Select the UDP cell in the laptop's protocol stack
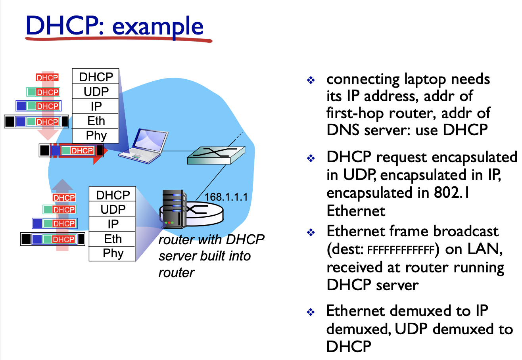[x=96, y=92]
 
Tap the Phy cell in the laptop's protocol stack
[x=96, y=136]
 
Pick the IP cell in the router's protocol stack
[x=113, y=224]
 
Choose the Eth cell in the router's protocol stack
[x=113, y=239]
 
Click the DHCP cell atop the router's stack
[x=113, y=195]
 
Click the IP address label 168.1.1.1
[x=226, y=197]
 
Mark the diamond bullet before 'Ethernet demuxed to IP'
[x=311, y=312]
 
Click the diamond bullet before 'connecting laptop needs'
[x=311, y=80]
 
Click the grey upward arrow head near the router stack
[x=63, y=185]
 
